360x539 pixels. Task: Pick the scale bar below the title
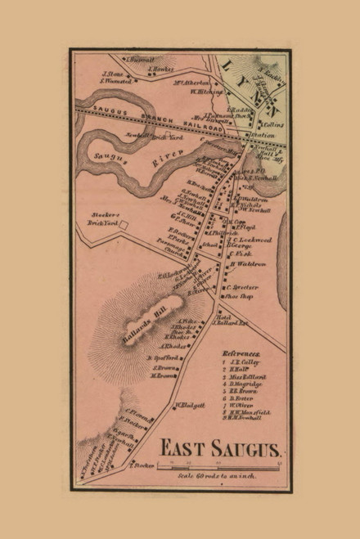[x=222, y=465]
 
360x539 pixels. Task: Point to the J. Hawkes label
[x=159, y=70]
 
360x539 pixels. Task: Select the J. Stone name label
[x=113, y=72]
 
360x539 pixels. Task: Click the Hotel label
[x=223, y=317]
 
